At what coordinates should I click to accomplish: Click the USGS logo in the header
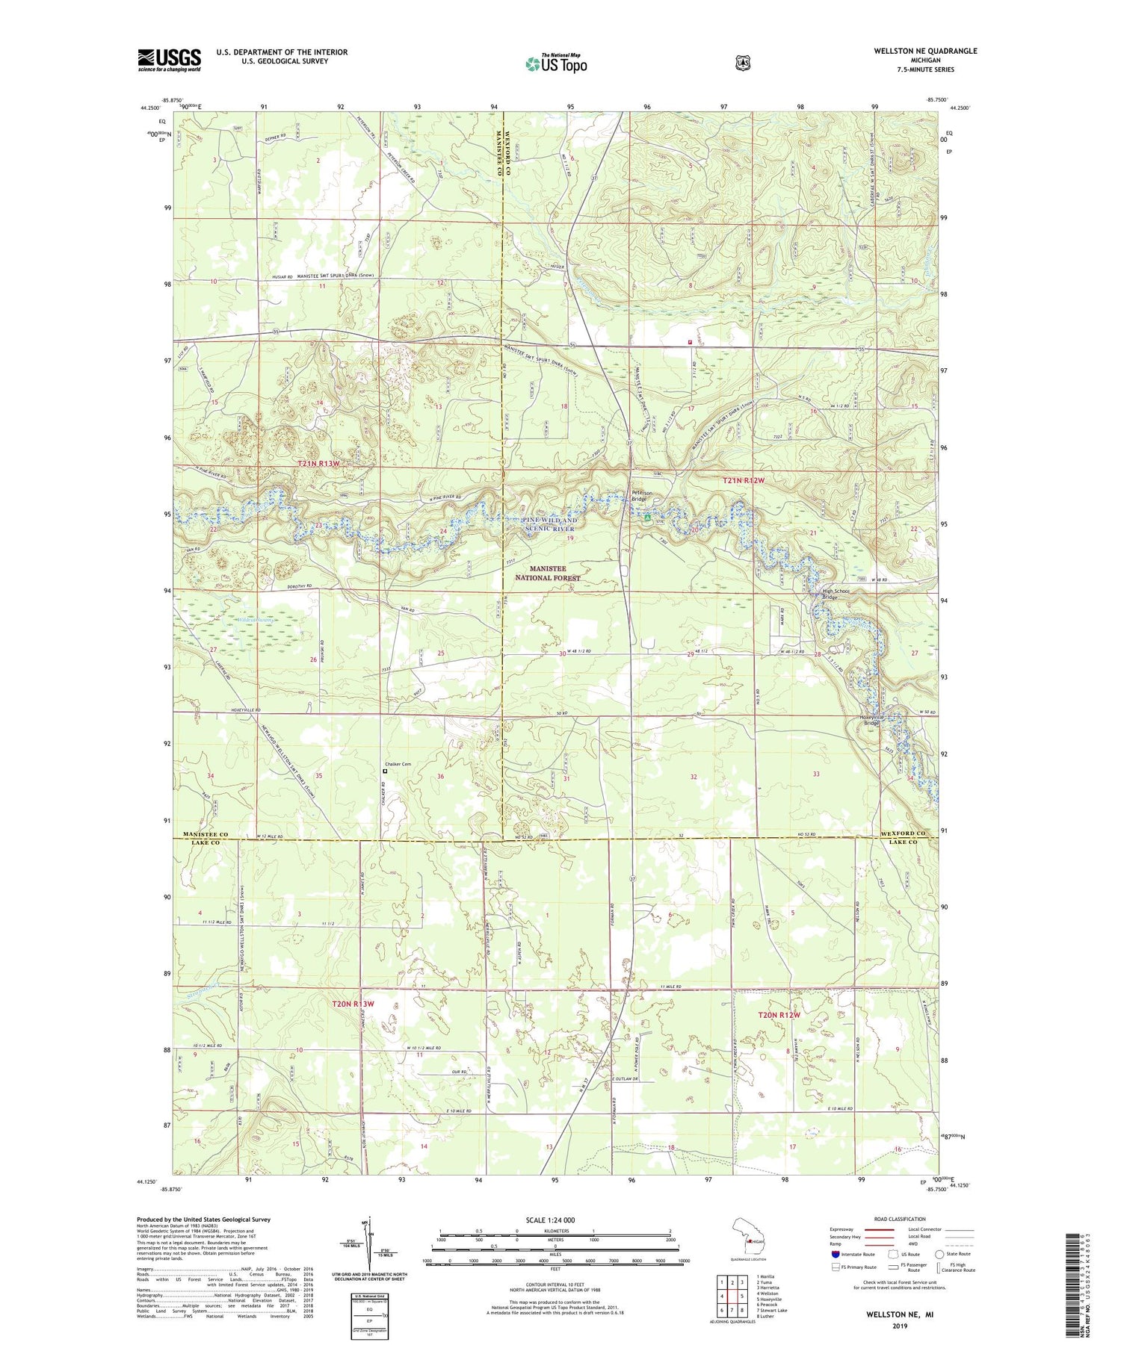pos(169,60)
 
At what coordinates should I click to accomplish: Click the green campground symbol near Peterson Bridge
pos(647,515)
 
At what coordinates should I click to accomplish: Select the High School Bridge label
pos(836,594)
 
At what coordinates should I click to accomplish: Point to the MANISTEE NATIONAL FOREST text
pos(547,573)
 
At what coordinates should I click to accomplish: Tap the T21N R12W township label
pos(743,481)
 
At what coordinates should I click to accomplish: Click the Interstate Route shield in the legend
pos(835,1254)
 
